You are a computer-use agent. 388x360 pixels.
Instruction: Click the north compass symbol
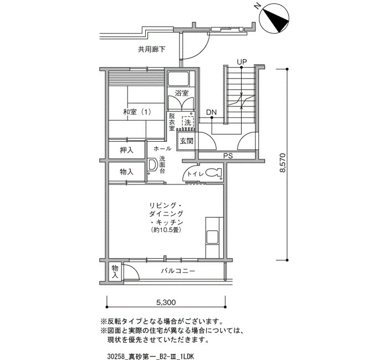tap(274, 18)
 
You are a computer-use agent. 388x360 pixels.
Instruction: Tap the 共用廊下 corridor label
tap(151, 50)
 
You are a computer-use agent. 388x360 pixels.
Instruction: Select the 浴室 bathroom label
tap(182, 93)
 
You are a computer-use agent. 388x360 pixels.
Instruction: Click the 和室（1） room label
tap(137, 112)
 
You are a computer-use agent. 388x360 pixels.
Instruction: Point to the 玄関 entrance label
tap(187, 141)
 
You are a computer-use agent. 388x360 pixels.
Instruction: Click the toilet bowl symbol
tap(213, 173)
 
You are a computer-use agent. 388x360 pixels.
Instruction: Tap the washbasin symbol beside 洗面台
tap(152, 164)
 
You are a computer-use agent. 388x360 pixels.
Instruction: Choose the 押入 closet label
tap(126, 150)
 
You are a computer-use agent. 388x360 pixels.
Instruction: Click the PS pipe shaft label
tap(228, 156)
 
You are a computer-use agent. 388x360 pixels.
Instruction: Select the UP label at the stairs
tap(242, 62)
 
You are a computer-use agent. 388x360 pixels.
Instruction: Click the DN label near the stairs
tap(212, 112)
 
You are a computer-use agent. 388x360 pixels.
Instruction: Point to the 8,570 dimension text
tap(282, 163)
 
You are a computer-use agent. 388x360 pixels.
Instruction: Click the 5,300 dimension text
tap(166, 302)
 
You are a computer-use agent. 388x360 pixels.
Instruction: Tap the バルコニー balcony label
tap(178, 271)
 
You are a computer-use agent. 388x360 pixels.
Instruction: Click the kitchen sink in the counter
tap(212, 237)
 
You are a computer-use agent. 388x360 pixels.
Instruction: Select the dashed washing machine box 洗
tap(187, 122)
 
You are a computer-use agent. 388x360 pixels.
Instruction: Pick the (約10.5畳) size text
tap(166, 230)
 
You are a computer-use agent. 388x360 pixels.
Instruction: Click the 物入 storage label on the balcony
tap(115, 271)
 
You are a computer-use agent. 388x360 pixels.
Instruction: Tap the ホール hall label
tap(162, 148)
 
